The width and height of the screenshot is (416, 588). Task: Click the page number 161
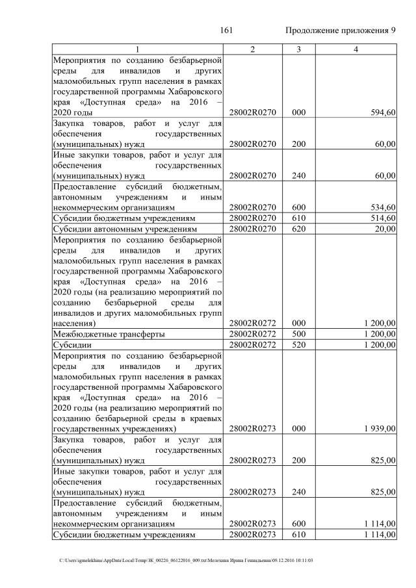(227, 31)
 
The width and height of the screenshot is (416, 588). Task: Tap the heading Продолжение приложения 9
(341, 31)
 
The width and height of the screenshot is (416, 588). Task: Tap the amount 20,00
(385, 228)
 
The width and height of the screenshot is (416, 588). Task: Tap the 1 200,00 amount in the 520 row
(378, 344)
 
